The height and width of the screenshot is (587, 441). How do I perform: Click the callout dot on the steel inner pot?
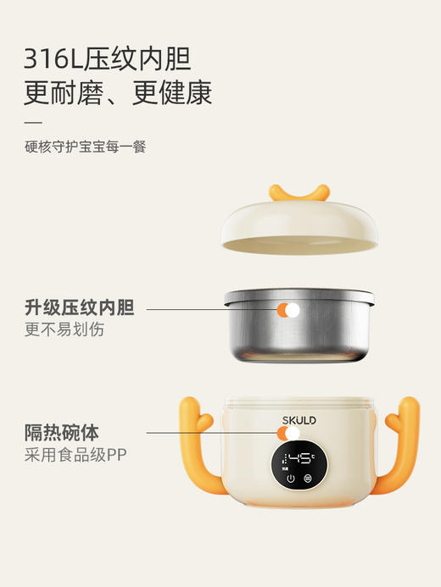(292, 311)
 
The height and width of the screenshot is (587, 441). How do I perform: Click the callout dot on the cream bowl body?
(292, 435)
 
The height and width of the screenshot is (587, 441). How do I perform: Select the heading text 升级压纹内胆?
(79, 307)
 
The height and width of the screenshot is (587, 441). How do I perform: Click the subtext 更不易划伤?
(64, 329)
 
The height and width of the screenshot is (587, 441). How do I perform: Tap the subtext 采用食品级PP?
(75, 455)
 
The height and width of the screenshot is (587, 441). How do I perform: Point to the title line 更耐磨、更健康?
(118, 92)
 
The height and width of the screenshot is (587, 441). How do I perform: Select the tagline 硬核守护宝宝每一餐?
(85, 147)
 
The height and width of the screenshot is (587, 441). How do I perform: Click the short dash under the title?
(33, 122)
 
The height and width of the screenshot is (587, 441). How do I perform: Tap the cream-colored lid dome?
(299, 224)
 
